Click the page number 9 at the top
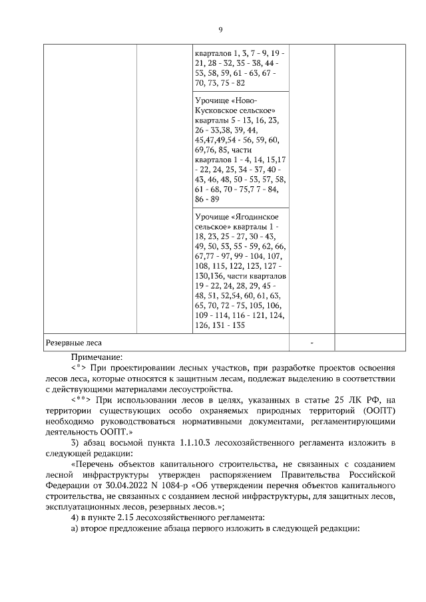point(220,29)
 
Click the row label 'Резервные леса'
point(73,343)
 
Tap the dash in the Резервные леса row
point(312,343)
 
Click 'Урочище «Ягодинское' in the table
point(236,217)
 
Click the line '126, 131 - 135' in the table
point(220,326)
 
